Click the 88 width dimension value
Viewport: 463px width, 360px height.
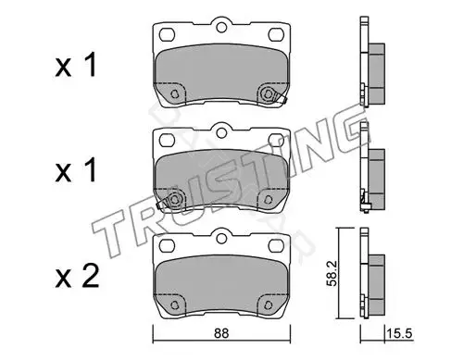(221, 333)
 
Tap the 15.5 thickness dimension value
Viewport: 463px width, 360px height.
(399, 333)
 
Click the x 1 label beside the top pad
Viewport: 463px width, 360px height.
(76, 65)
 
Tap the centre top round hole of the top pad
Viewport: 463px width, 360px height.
(221, 27)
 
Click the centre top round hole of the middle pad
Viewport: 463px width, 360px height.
(221, 132)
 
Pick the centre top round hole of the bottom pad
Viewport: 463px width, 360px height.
(221, 238)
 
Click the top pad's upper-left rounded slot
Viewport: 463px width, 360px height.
(168, 34)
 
